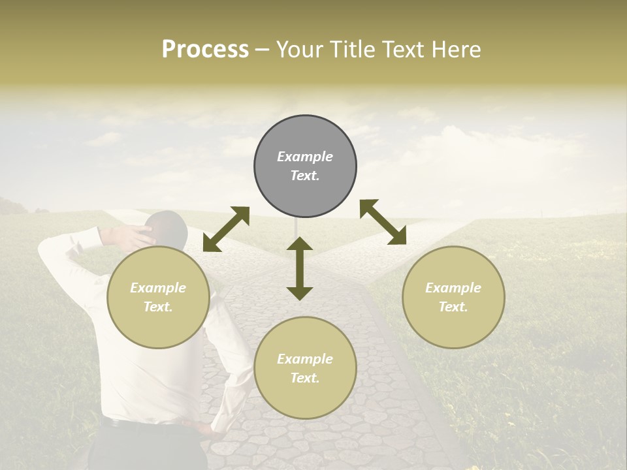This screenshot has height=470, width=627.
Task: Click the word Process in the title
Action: [205, 50]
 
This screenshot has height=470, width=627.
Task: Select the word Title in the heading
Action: [353, 50]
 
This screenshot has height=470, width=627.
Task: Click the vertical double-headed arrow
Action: [300, 268]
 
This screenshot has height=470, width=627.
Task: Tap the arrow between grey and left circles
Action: [226, 229]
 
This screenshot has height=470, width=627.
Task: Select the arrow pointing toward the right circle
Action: [383, 222]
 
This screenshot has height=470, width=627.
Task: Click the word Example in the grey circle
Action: [305, 157]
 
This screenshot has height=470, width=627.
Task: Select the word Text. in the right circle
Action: [453, 307]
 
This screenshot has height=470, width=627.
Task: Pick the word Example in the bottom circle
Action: [305, 359]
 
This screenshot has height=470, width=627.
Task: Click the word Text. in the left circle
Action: [158, 307]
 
